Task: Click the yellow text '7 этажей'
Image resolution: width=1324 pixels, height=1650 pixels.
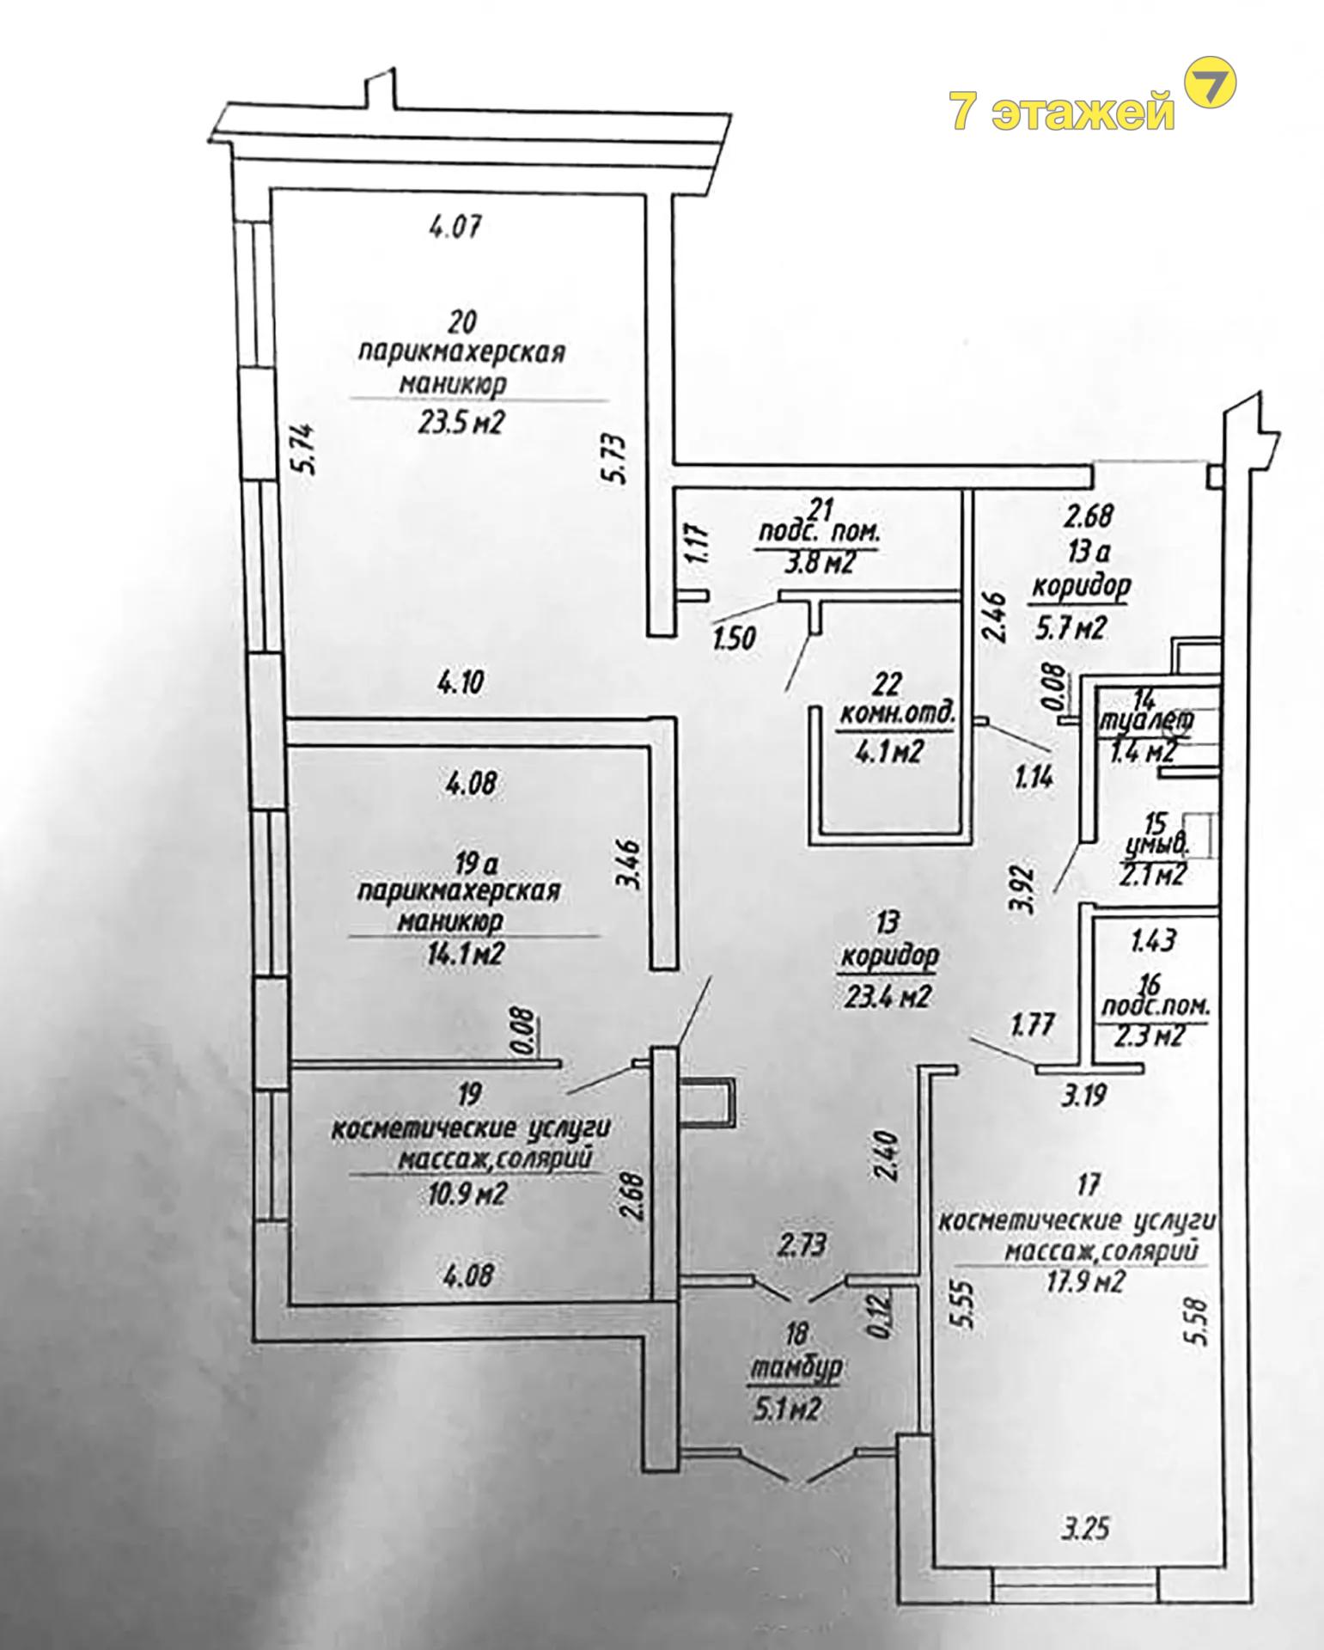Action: pos(1062,112)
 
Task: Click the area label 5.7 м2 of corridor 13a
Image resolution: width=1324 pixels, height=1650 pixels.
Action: pos(1069,628)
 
